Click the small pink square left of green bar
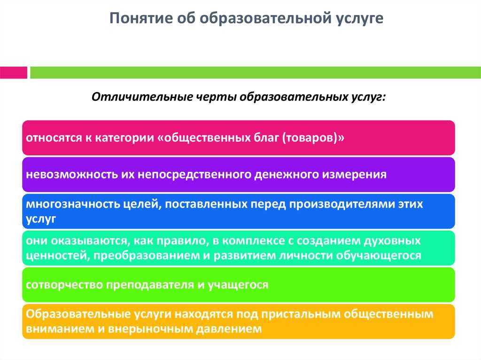[x=13, y=72]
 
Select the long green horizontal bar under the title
[x=254, y=72]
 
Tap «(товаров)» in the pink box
[x=310, y=138]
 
